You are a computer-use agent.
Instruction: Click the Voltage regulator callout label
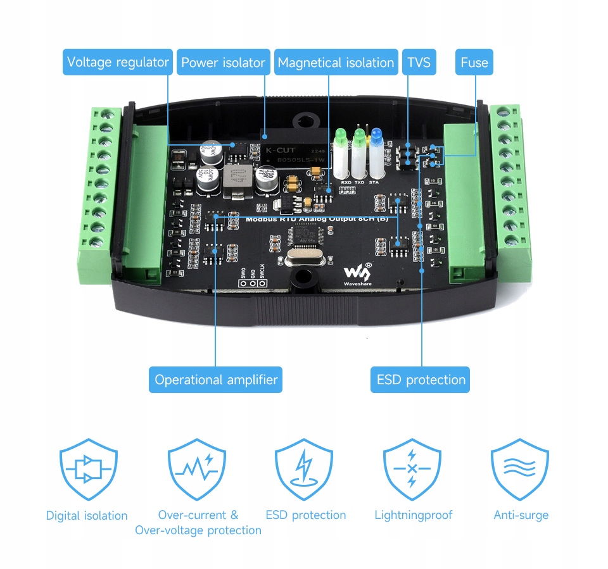[118, 62]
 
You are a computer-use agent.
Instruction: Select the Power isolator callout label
[223, 62]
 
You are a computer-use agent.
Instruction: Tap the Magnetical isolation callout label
[336, 62]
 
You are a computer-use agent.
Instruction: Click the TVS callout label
[419, 62]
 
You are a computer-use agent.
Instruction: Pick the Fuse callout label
[474, 62]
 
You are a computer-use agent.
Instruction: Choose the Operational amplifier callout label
[216, 380]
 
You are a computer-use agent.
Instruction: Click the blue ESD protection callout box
[421, 380]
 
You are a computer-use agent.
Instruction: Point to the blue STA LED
[377, 135]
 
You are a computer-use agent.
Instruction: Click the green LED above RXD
[341, 136]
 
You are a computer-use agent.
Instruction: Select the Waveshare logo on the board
[358, 273]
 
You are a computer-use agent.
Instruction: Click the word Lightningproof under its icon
[413, 515]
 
